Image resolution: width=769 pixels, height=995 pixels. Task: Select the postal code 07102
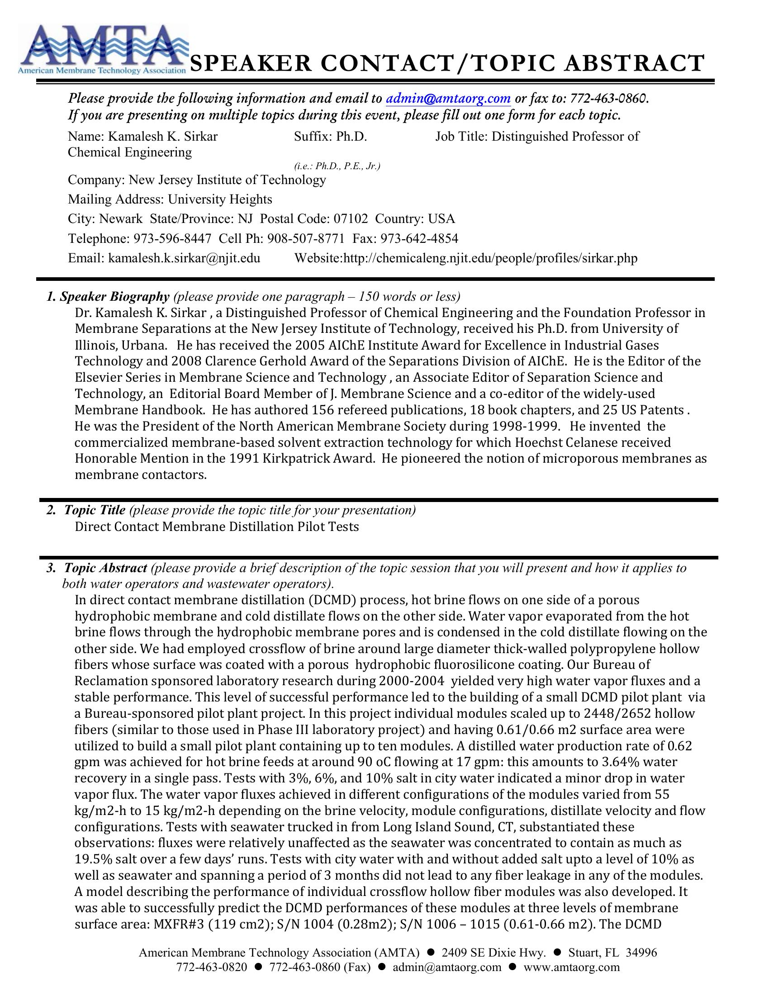coord(350,219)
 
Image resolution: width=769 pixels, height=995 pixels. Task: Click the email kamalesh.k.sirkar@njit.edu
coord(184,258)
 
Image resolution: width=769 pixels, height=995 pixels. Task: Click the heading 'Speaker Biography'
coord(114,297)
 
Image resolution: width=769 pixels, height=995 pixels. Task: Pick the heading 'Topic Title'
coord(94,510)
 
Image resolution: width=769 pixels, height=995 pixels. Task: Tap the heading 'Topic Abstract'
coord(105,568)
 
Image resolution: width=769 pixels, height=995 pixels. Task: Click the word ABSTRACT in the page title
coord(634,63)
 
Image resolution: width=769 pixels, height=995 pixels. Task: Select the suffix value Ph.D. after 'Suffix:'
coord(351,136)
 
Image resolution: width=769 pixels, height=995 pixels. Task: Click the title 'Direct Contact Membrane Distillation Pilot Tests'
coord(217,526)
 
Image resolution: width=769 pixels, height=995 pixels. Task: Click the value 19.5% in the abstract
coord(93,859)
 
